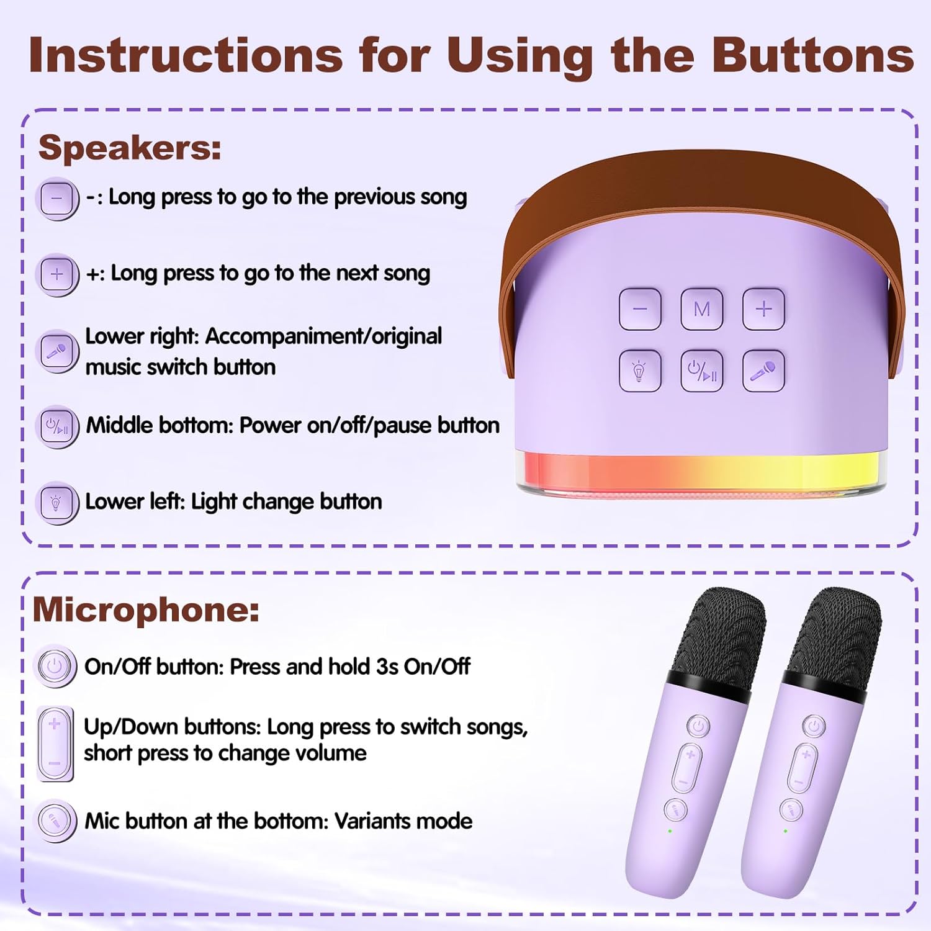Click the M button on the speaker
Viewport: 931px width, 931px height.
(701, 309)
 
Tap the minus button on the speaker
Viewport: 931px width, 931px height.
(640, 309)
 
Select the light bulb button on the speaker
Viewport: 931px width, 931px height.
(640, 371)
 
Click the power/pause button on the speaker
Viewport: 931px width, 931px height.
(701, 371)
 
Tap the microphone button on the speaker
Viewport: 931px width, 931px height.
(763, 371)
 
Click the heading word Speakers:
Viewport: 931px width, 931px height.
(130, 148)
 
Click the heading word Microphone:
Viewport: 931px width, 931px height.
(146, 609)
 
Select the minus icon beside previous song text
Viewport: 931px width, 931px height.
(57, 199)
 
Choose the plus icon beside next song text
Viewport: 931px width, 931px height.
(57, 274)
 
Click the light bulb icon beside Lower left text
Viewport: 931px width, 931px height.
(57, 503)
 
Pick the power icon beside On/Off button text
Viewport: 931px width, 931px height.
(55, 667)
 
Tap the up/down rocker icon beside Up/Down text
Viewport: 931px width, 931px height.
(55, 744)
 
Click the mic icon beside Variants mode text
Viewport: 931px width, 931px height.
(55, 821)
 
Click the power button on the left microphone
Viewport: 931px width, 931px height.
(699, 726)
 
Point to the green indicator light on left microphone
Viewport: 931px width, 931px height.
(670, 830)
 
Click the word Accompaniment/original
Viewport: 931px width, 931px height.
(323, 336)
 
